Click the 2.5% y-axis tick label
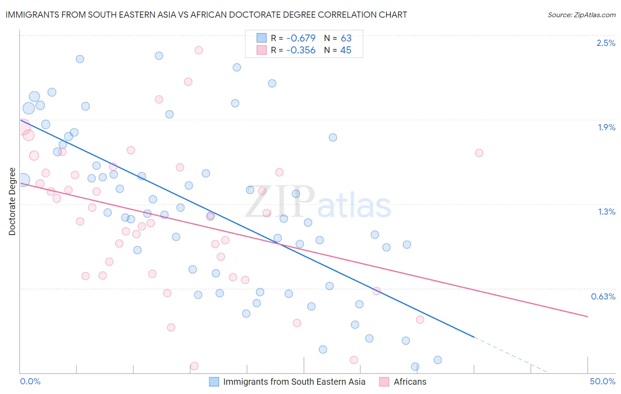tap(606, 43)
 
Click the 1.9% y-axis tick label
tap(606, 127)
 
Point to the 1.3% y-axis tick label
tap(606, 212)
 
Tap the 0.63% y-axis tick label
tap(603, 296)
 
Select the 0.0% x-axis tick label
tap(30, 381)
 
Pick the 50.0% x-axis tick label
tap(602, 381)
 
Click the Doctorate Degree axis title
tap(12, 201)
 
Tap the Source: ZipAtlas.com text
tap(581, 15)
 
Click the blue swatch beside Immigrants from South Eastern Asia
tap(214, 382)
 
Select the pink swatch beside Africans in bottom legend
tap(384, 382)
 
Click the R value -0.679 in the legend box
tap(301, 38)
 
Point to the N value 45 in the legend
tap(346, 50)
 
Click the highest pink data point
tap(199, 50)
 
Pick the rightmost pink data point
tap(479, 153)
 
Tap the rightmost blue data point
tap(438, 360)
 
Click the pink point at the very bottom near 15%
tap(194, 366)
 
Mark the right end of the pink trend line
tap(587, 316)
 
